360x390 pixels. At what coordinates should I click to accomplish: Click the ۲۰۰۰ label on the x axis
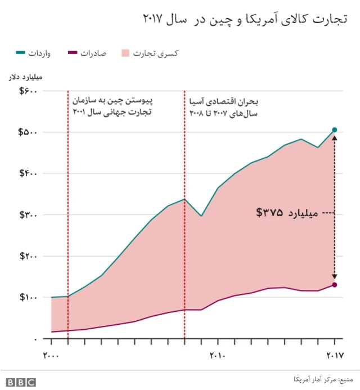coord(52,355)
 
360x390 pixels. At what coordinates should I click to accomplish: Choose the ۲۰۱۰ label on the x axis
coord(218,355)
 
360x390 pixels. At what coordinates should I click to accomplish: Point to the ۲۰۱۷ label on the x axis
coord(334,355)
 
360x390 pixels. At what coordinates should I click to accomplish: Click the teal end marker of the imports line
coord(335,130)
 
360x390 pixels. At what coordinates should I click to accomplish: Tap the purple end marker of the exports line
coord(335,285)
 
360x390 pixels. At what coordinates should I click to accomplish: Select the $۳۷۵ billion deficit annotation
coord(287,213)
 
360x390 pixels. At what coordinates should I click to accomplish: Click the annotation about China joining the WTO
coord(112,106)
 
